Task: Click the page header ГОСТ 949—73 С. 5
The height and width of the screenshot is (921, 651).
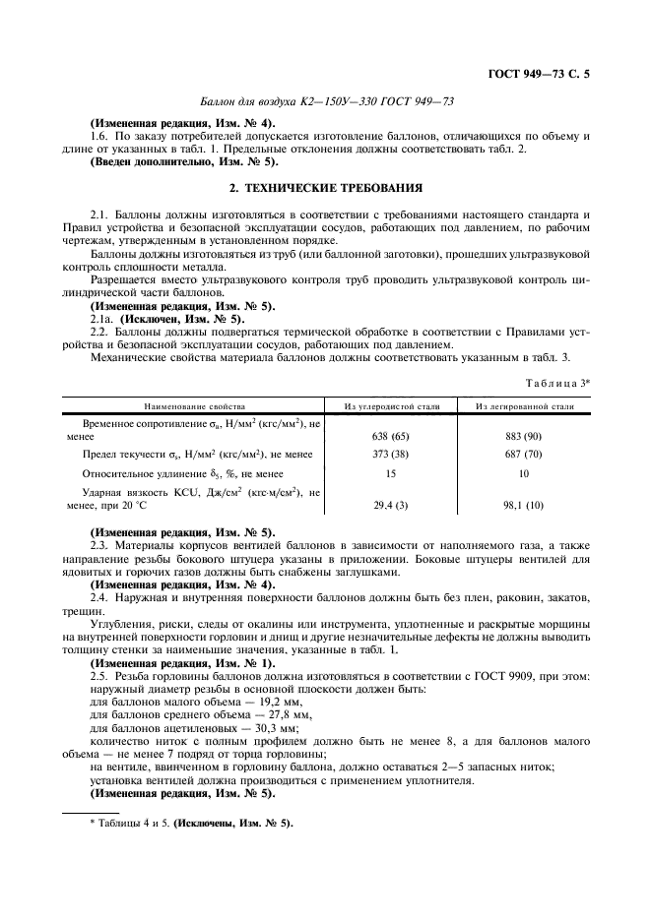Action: tap(545, 74)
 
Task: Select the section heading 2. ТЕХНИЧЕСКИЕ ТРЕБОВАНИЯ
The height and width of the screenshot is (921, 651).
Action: tap(326, 187)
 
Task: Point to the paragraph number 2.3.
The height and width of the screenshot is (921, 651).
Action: tap(98, 543)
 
